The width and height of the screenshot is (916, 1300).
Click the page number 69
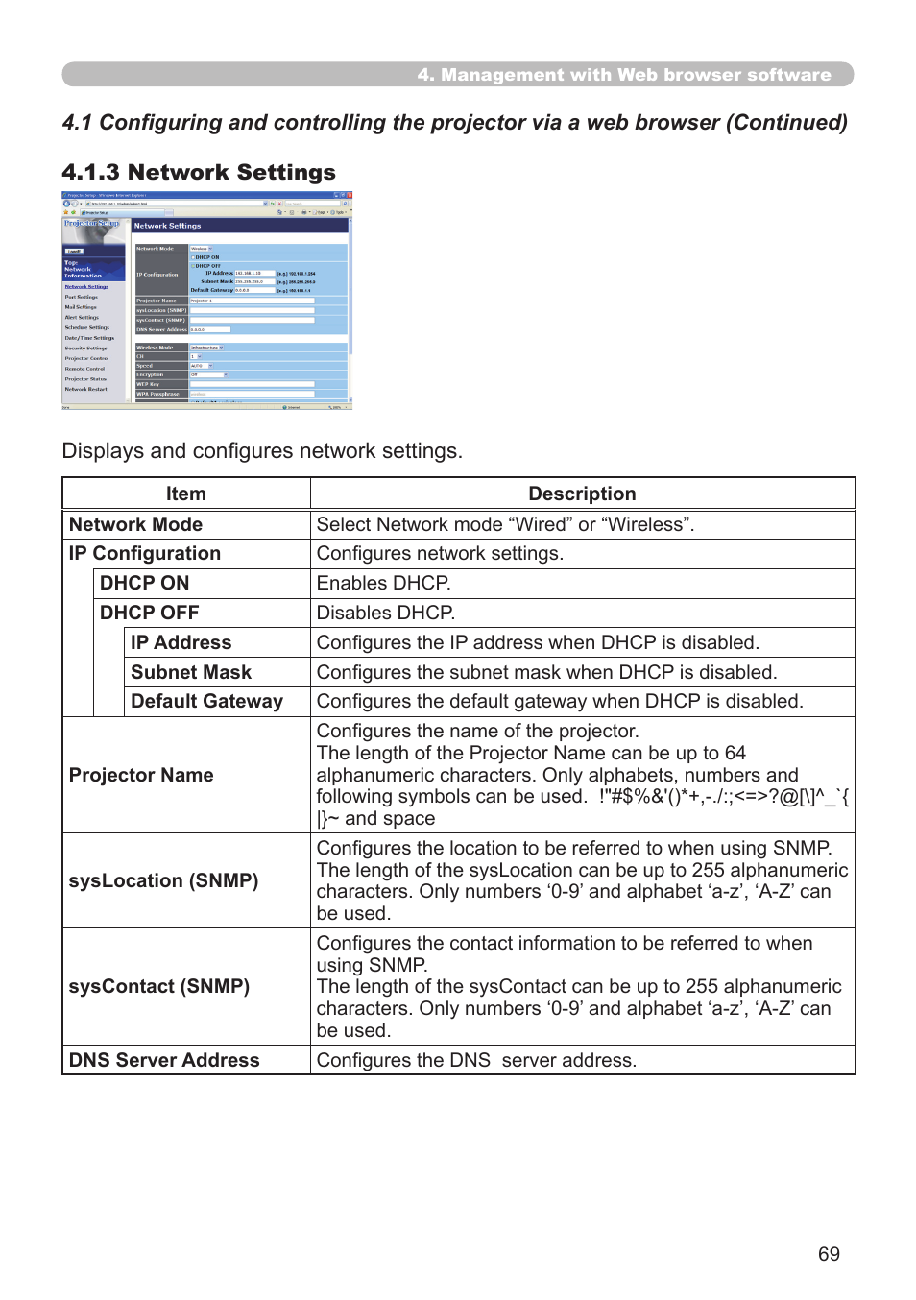tap(829, 1254)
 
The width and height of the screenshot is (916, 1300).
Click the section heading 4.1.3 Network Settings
tap(199, 173)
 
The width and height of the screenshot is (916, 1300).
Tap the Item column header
tap(185, 494)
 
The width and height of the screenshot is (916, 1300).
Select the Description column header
tap(582, 494)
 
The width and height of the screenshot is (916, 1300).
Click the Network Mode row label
tap(135, 524)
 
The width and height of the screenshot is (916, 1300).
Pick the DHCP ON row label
tap(144, 583)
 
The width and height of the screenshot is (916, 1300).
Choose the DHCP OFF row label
tap(149, 613)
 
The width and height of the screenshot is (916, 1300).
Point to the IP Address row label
tap(181, 642)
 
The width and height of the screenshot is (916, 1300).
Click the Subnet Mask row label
tap(191, 672)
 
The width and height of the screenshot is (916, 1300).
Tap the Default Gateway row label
tap(206, 701)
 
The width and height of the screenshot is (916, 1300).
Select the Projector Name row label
tap(141, 775)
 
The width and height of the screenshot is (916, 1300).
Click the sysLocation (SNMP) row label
tap(163, 880)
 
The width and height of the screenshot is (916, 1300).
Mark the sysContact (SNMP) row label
tap(159, 986)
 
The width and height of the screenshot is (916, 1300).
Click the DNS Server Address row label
tap(164, 1060)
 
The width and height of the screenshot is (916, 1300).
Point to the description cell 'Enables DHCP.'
tap(383, 583)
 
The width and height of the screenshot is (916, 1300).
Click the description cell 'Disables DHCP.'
tap(386, 613)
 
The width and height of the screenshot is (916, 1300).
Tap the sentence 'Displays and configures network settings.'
tap(262, 451)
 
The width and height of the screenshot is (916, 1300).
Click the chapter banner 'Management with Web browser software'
tap(624, 75)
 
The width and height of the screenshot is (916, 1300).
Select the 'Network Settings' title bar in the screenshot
tap(239, 226)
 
